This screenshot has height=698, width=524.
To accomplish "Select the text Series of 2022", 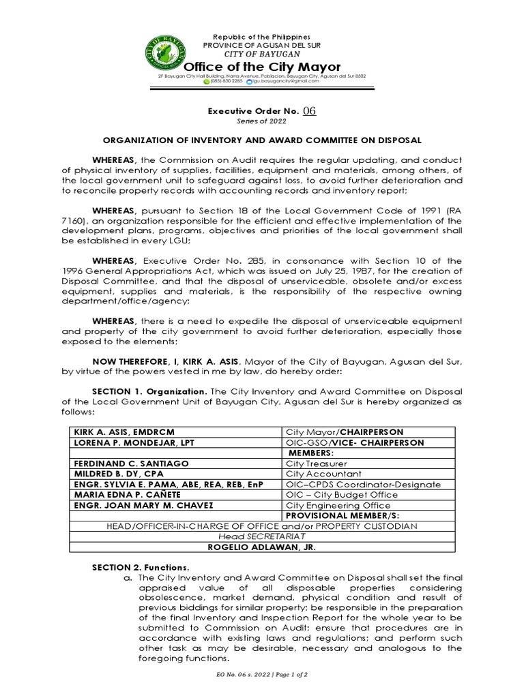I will click(x=262, y=121).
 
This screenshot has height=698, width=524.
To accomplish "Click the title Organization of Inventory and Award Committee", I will click(x=262, y=140).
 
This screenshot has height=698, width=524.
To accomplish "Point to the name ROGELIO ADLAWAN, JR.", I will click(x=262, y=547).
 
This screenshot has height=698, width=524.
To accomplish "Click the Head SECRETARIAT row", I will click(x=262, y=536).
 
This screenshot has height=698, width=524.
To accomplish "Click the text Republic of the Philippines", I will click(x=262, y=36).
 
